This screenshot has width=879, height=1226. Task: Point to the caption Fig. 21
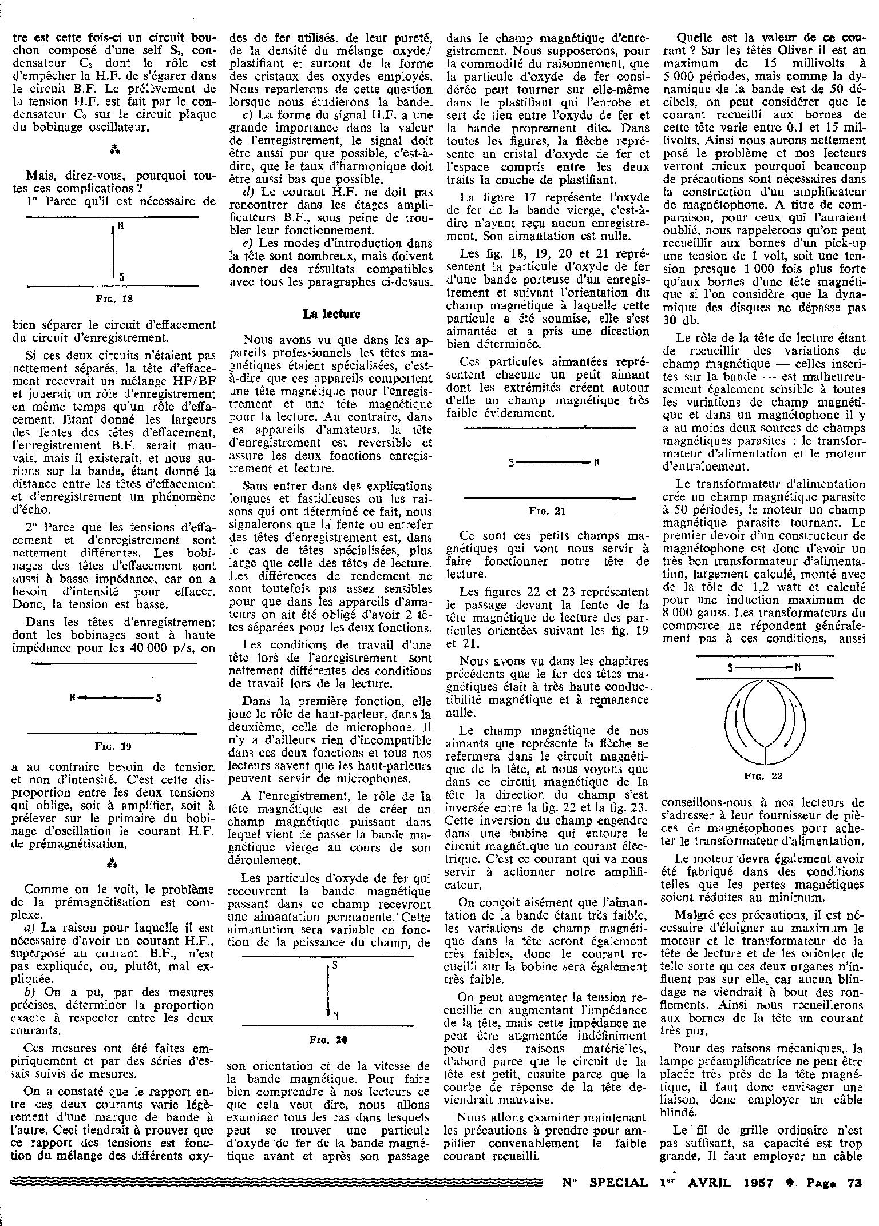point(548,511)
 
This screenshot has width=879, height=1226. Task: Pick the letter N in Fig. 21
point(596,463)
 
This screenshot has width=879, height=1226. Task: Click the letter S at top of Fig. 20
point(334,965)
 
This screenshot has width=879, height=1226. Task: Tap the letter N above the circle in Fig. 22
point(798,667)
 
